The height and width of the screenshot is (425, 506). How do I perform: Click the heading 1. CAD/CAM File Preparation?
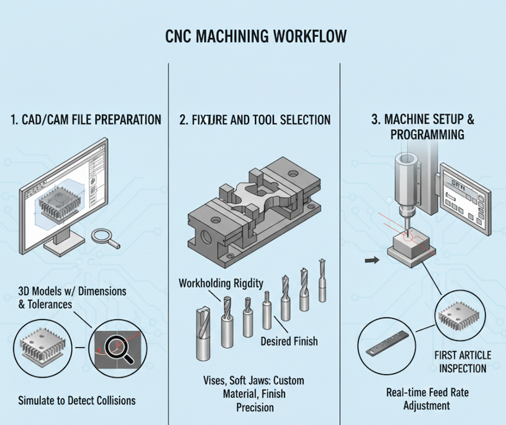85,119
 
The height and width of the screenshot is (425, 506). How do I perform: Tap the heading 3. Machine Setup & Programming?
423,126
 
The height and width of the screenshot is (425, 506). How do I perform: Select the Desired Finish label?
289,342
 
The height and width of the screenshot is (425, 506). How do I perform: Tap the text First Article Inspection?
461,361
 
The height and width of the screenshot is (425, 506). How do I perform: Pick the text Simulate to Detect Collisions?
77,401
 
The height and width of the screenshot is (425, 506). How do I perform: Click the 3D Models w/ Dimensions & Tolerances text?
71,297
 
